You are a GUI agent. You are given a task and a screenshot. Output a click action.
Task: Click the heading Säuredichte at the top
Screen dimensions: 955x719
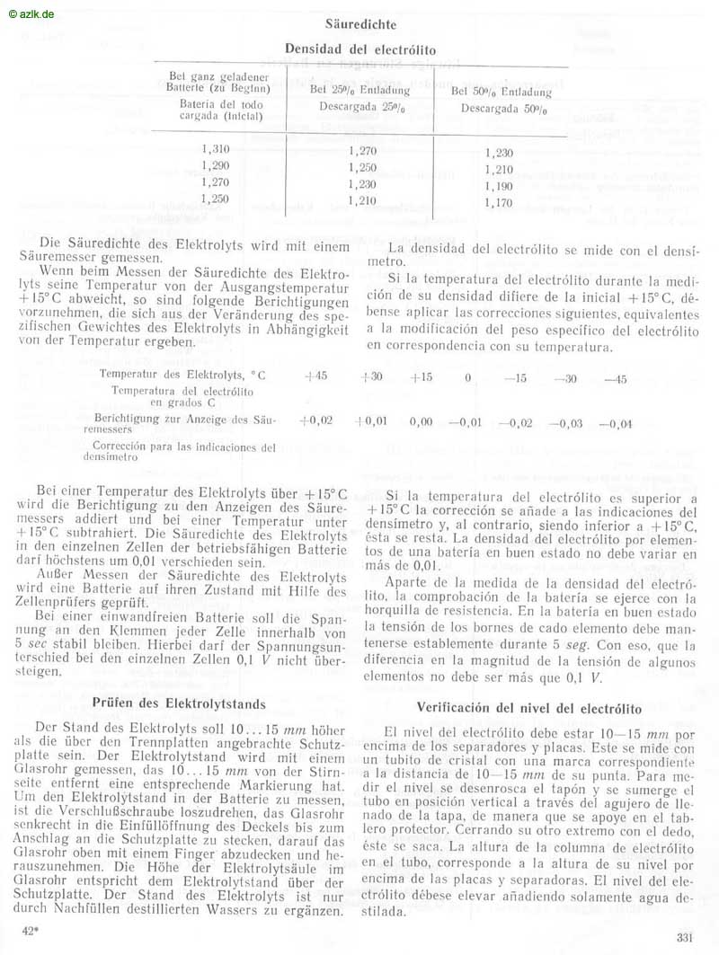point(359,25)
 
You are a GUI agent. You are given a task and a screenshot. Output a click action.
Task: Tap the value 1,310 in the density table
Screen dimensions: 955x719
point(217,150)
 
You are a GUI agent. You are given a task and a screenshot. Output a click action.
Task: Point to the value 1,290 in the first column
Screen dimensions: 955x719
point(217,166)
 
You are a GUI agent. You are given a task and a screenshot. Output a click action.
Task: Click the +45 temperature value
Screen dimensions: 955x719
point(315,378)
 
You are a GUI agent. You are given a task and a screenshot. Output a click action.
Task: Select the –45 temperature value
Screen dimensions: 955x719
point(615,379)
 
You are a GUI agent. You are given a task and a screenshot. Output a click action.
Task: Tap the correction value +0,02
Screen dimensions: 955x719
point(315,420)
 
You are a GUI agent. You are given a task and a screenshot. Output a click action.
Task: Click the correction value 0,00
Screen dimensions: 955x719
point(421,420)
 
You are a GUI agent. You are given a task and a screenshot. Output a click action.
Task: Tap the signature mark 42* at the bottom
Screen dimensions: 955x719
point(29,932)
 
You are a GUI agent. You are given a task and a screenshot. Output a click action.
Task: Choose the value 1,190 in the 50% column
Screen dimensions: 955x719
point(498,187)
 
